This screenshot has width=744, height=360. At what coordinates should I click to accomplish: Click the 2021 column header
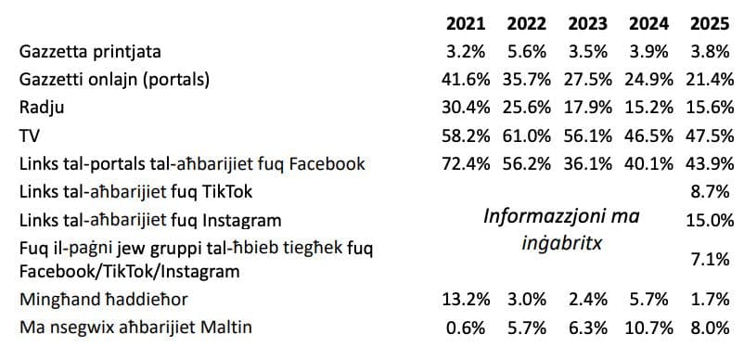pyautogui.click(x=466, y=23)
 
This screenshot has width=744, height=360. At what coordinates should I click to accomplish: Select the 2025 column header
pyautogui.click(x=709, y=23)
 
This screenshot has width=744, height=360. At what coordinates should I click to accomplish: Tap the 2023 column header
pyautogui.click(x=587, y=23)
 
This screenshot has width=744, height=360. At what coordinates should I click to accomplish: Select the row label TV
pyautogui.click(x=29, y=135)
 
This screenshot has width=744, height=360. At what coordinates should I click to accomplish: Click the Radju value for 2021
pyautogui.click(x=465, y=108)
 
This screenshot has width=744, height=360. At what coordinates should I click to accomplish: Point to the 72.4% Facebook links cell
pyautogui.click(x=465, y=164)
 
